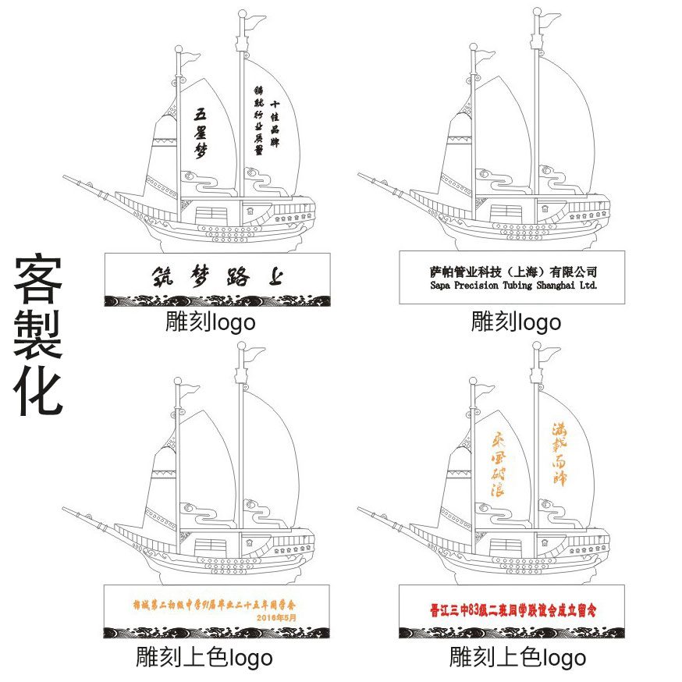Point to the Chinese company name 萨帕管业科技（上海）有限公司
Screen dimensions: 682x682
pyautogui.click(x=513, y=272)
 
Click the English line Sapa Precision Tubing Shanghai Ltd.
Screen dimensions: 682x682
pyautogui.click(x=513, y=286)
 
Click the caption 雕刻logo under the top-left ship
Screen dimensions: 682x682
pyautogui.click(x=210, y=321)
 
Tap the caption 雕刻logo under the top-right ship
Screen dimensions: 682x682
pyautogui.click(x=516, y=321)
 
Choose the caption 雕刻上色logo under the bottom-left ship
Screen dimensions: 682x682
pyautogui.click(x=204, y=657)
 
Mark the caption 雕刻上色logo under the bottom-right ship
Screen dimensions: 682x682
pyautogui.click(x=517, y=657)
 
